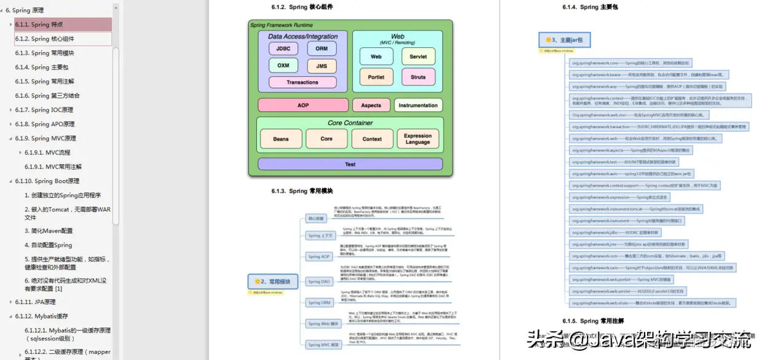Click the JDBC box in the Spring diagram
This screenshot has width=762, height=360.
[283, 49]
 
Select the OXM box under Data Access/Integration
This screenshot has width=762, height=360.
[283, 65]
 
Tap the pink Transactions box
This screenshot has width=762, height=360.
[302, 82]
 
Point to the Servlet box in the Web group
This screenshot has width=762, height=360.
[418, 57]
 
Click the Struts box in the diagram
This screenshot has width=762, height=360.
[418, 77]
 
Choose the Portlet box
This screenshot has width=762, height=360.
[376, 77]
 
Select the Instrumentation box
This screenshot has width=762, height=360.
[418, 105]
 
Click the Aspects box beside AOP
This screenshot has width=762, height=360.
[371, 105]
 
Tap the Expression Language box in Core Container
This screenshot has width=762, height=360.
[418, 139]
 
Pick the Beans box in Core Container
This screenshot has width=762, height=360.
[281, 139]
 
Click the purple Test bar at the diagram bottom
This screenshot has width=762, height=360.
[350, 164]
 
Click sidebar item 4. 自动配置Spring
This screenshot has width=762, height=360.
[49, 245]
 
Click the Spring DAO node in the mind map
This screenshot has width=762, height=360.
[319, 281]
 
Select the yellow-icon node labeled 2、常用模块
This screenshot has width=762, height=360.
[272, 281]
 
